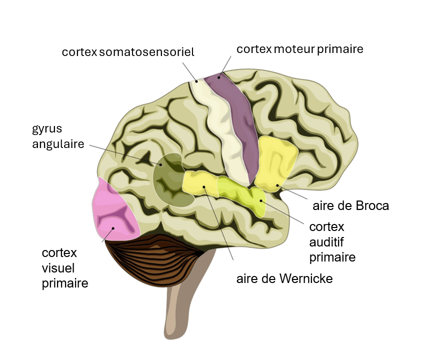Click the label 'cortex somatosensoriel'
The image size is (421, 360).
[128, 52]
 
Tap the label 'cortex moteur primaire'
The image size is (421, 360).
[299, 49]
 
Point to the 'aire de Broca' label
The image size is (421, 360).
[350, 205]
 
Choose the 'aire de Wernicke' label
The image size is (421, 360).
[284, 278]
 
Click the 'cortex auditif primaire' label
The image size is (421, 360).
[332, 242]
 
